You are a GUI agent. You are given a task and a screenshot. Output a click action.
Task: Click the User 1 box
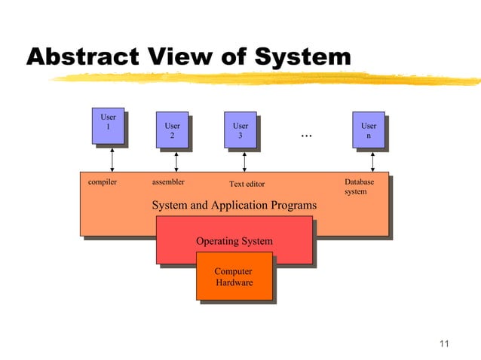(109, 126)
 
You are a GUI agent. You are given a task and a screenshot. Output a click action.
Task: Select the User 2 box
(173, 131)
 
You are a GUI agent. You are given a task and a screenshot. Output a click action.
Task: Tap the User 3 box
(240, 131)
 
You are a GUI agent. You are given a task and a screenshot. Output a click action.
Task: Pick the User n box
(369, 131)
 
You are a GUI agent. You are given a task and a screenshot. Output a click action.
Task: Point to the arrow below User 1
(112, 160)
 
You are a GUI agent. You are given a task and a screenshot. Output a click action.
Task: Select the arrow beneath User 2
(176, 160)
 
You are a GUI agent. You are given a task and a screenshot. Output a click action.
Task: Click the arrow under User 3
(244, 160)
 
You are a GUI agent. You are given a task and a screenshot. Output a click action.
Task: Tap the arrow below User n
(372, 160)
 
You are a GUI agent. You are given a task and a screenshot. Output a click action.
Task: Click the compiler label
(103, 182)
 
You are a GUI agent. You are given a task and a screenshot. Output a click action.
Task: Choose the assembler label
(168, 182)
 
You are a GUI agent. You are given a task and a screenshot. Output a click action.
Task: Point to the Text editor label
(247, 184)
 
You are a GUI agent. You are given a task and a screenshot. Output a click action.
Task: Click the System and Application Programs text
(234, 206)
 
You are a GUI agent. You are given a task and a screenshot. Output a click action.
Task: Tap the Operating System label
(234, 242)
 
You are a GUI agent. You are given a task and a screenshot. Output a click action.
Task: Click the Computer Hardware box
(234, 277)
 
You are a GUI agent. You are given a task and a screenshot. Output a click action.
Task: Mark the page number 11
(443, 345)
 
